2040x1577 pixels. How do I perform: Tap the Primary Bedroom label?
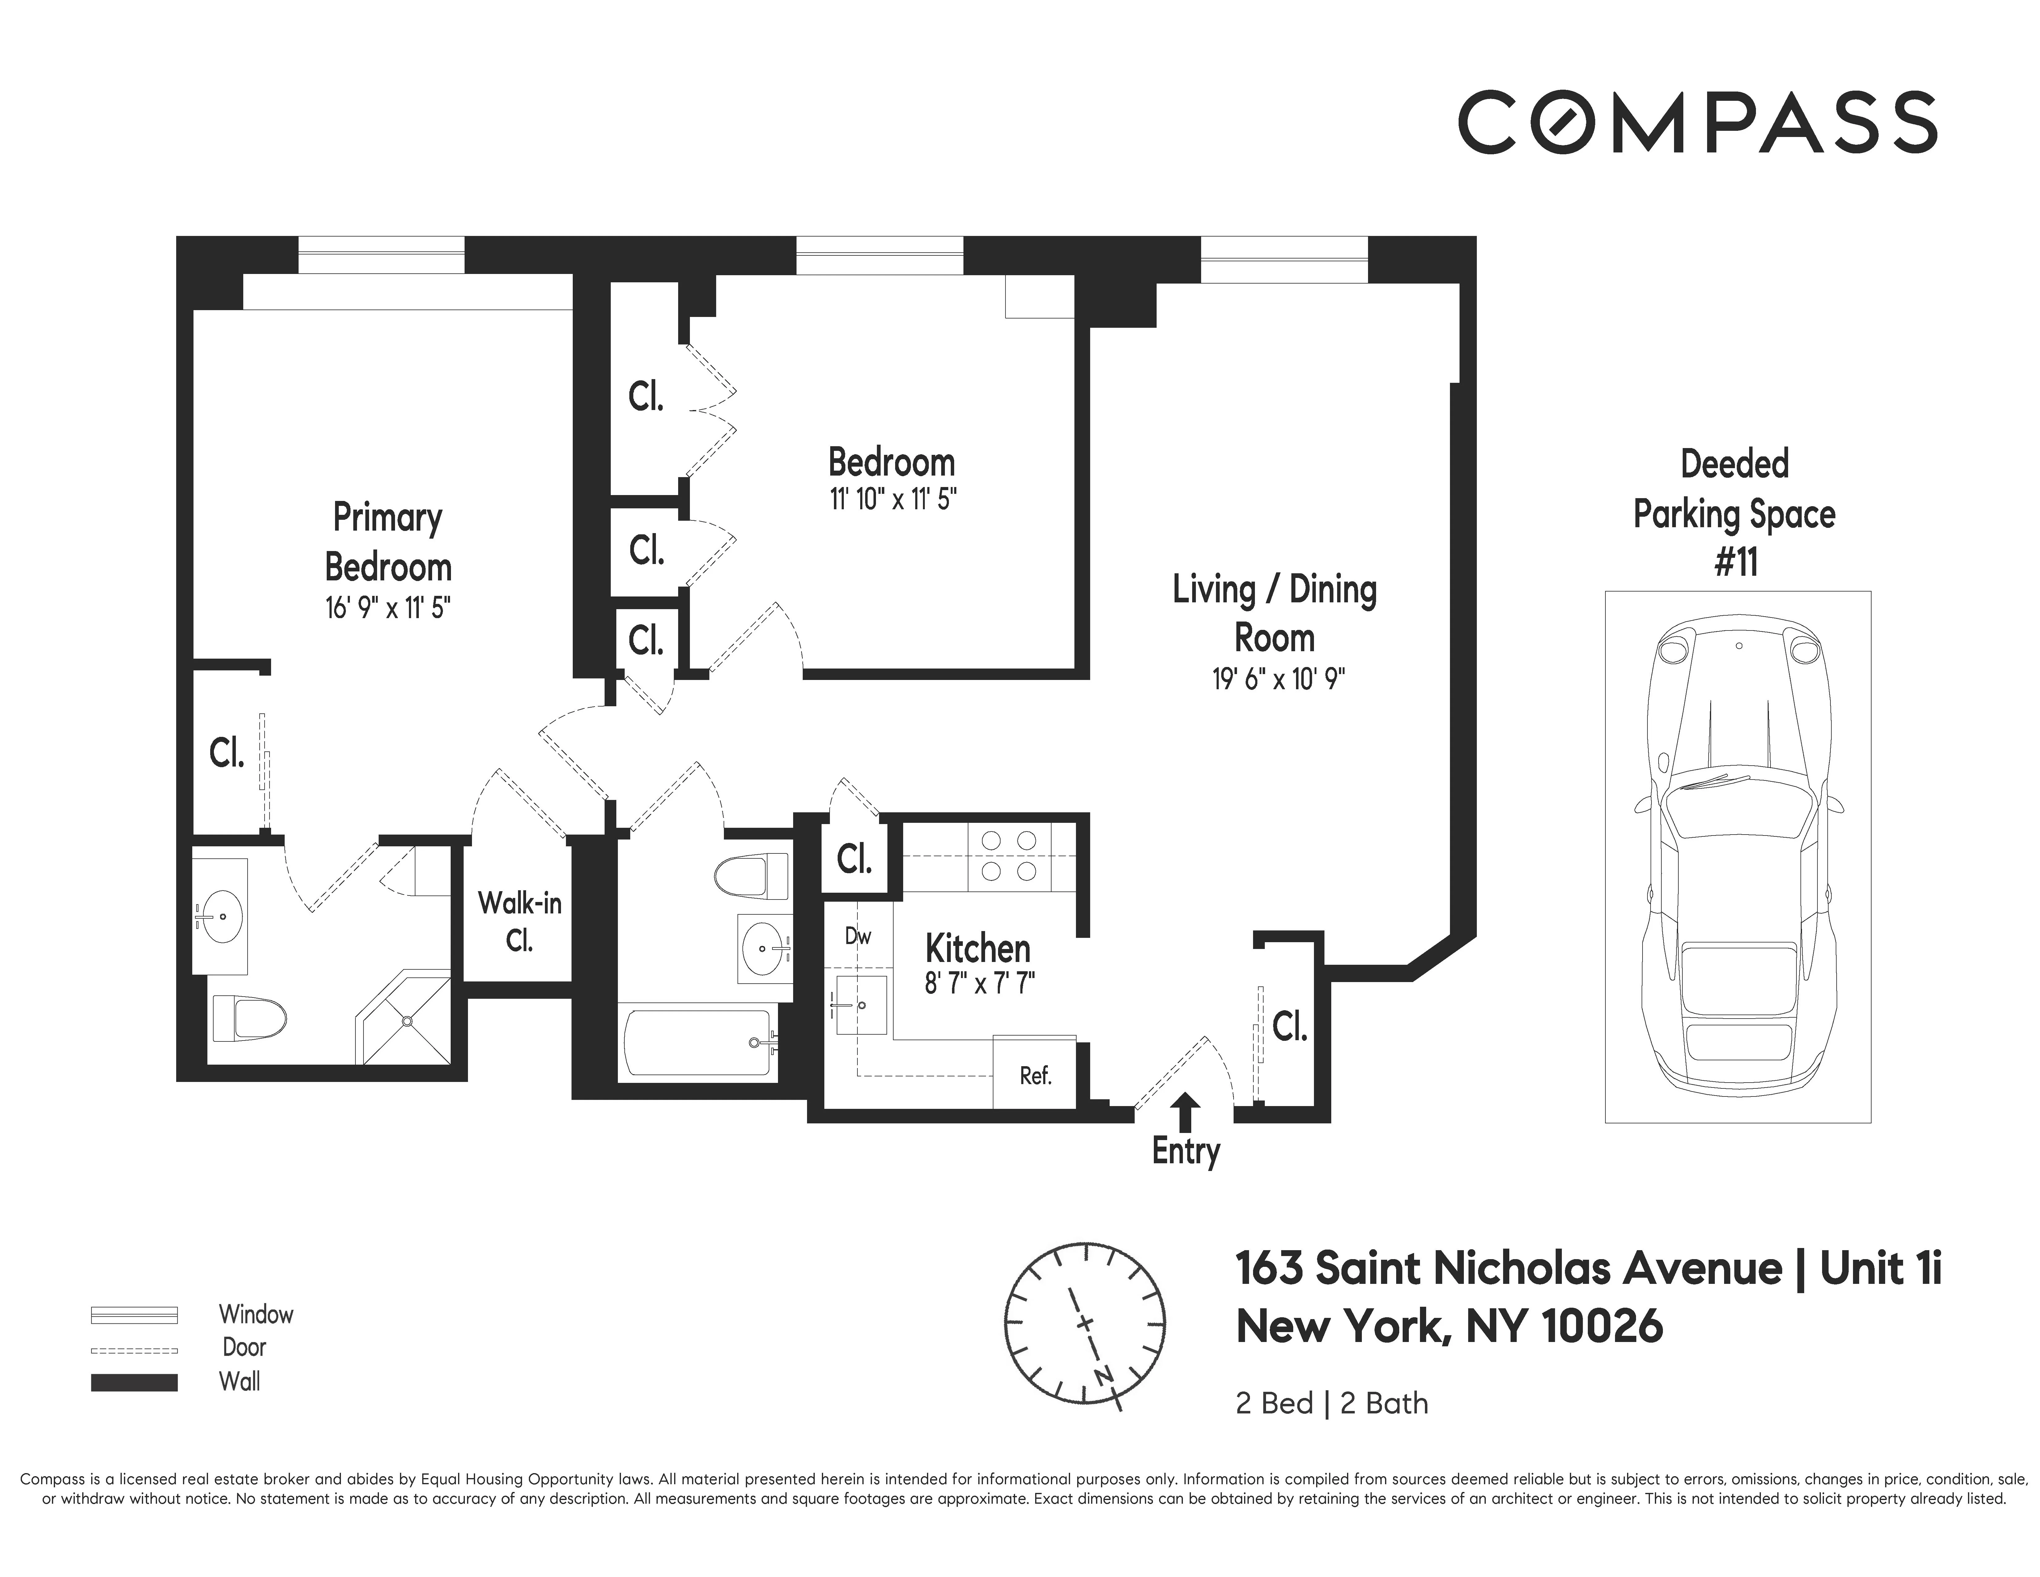[x=388, y=542]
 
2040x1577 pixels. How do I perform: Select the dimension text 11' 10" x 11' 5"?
[x=893, y=500]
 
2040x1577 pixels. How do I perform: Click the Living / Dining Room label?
[x=1275, y=614]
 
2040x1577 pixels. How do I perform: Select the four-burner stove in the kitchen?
[x=1009, y=857]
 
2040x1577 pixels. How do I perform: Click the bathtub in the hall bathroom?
[x=699, y=1042]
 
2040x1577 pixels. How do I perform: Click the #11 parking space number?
[x=1736, y=562]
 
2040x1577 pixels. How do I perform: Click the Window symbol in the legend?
[x=134, y=1314]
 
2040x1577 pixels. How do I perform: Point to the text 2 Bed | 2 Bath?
[x=1331, y=1403]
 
